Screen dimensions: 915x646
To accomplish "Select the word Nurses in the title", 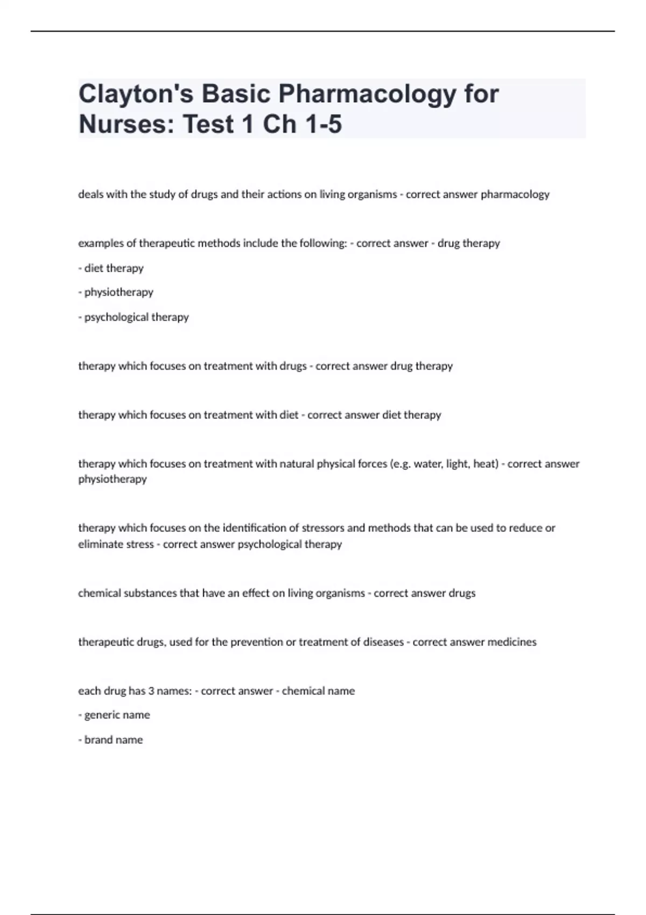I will pyautogui.click(x=127, y=124).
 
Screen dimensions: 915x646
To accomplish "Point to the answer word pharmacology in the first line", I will pyautogui.click(x=515, y=194).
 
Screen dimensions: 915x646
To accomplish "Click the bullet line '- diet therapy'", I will pyautogui.click(x=111, y=268).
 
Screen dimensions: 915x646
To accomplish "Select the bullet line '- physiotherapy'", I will pyautogui.click(x=116, y=292).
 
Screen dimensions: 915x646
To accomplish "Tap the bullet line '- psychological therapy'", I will pyautogui.click(x=134, y=317).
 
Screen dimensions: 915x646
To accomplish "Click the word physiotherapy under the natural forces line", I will pyautogui.click(x=113, y=479).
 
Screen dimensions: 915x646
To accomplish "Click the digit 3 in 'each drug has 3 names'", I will pyautogui.click(x=151, y=691).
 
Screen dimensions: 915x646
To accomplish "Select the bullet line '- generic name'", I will pyautogui.click(x=114, y=715).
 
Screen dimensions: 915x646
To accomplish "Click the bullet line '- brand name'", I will pyautogui.click(x=110, y=740).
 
